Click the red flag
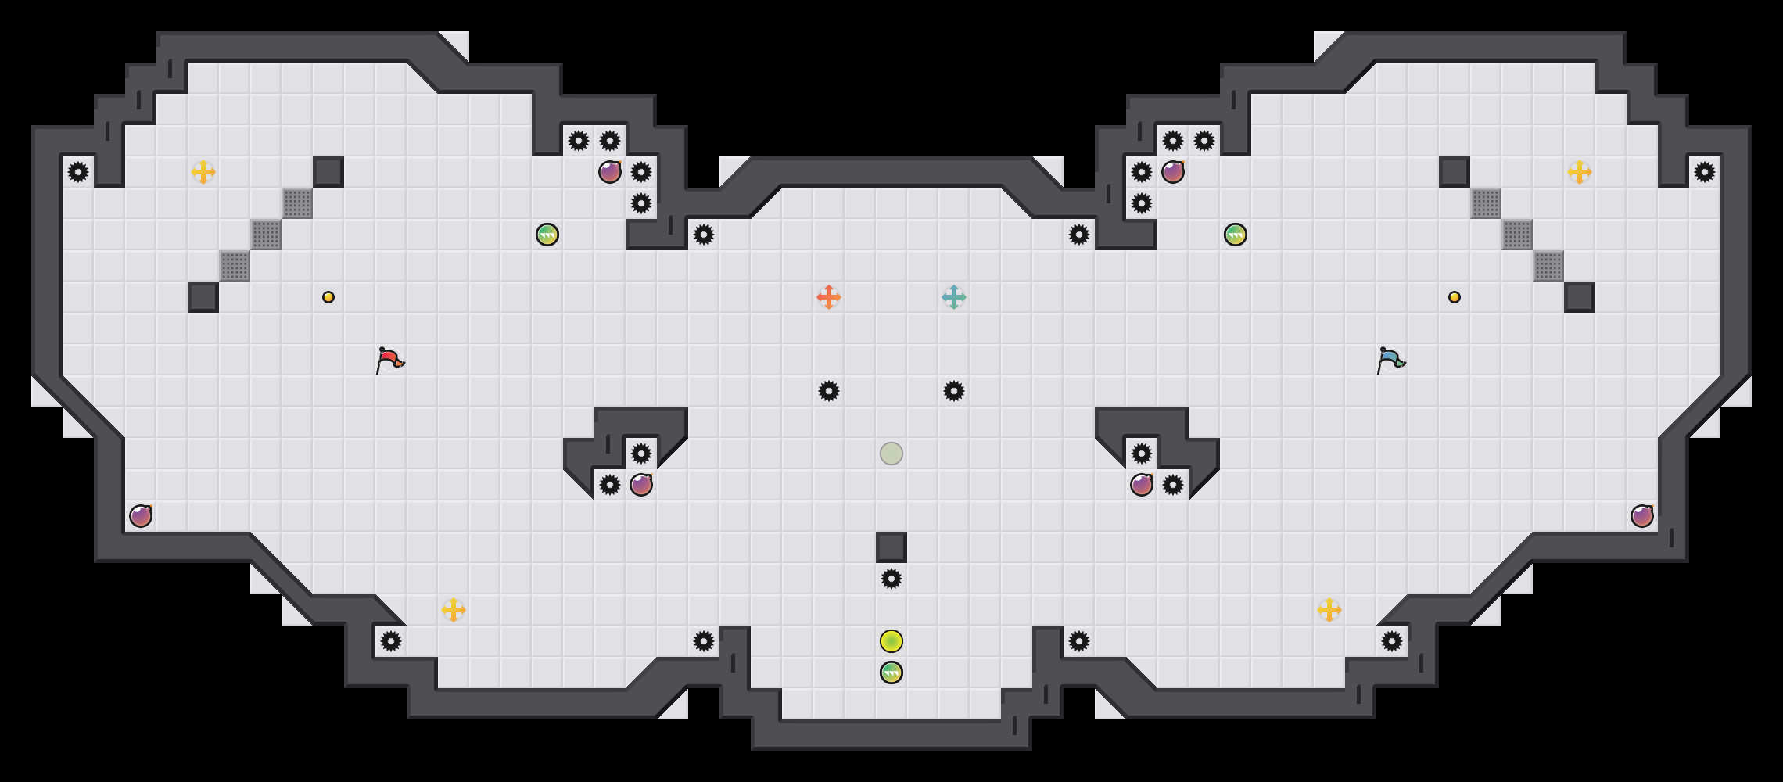click(389, 361)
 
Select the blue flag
click(1390, 361)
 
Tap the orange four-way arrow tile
click(829, 297)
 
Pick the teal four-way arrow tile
click(954, 297)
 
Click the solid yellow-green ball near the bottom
click(891, 641)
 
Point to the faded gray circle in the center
click(891, 454)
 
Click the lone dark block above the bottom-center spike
click(891, 547)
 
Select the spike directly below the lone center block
click(891, 579)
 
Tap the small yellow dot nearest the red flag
click(328, 297)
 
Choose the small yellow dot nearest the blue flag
click(1455, 297)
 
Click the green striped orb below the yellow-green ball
click(891, 673)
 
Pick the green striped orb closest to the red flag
click(547, 235)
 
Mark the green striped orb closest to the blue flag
click(1236, 235)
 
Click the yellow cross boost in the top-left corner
click(203, 172)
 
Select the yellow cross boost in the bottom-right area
click(1329, 610)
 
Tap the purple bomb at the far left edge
click(141, 516)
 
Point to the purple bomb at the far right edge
click(1642, 516)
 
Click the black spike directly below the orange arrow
click(829, 391)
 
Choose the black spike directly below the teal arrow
click(954, 391)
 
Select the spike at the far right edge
click(1705, 172)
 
